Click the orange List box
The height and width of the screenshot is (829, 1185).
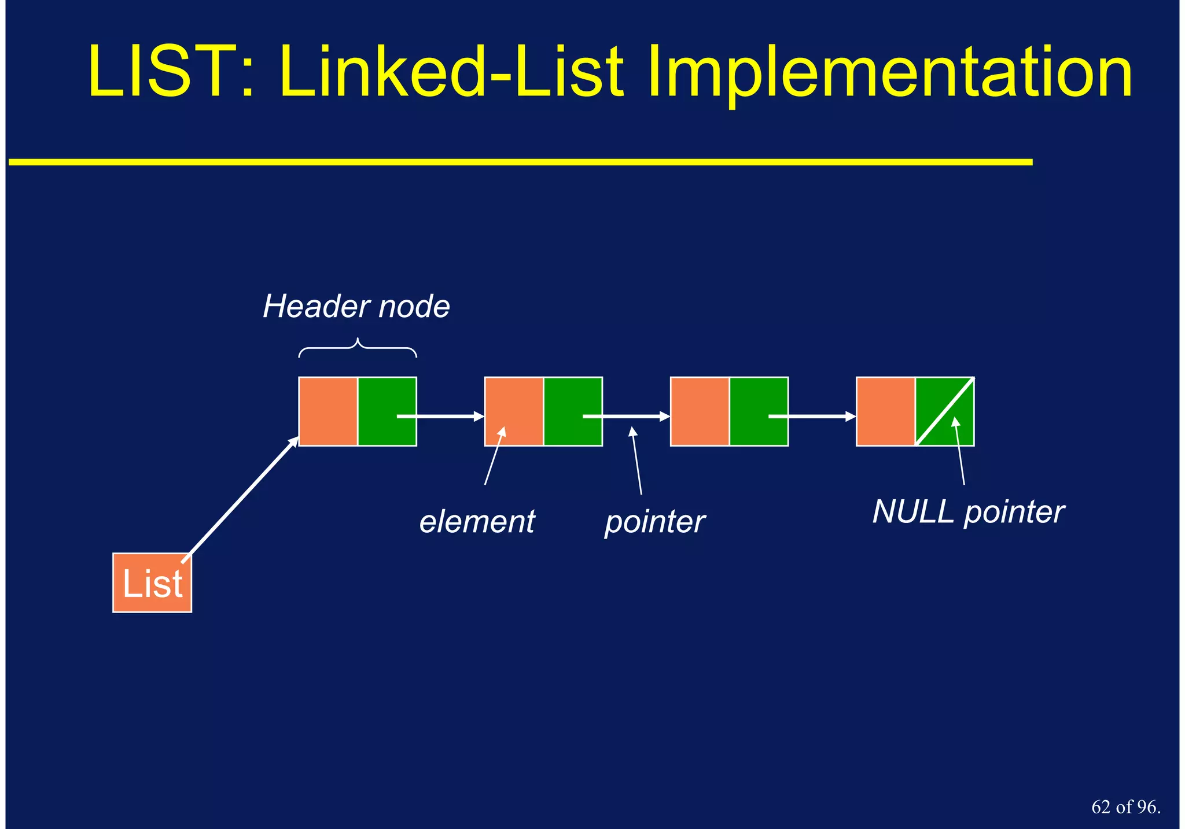[x=152, y=583]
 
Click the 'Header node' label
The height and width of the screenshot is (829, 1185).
[x=356, y=306]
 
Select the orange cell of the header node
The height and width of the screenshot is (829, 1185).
[x=328, y=411]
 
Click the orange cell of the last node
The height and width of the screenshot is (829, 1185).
[x=885, y=411]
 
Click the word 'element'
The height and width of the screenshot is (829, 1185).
[x=477, y=521]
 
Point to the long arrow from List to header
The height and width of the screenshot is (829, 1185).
[x=240, y=499]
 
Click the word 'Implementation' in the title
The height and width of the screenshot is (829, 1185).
[x=889, y=72]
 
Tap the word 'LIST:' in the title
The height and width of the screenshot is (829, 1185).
[x=171, y=72]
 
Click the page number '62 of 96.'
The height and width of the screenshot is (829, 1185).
[x=1125, y=806]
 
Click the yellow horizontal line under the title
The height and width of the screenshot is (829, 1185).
[x=521, y=163]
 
